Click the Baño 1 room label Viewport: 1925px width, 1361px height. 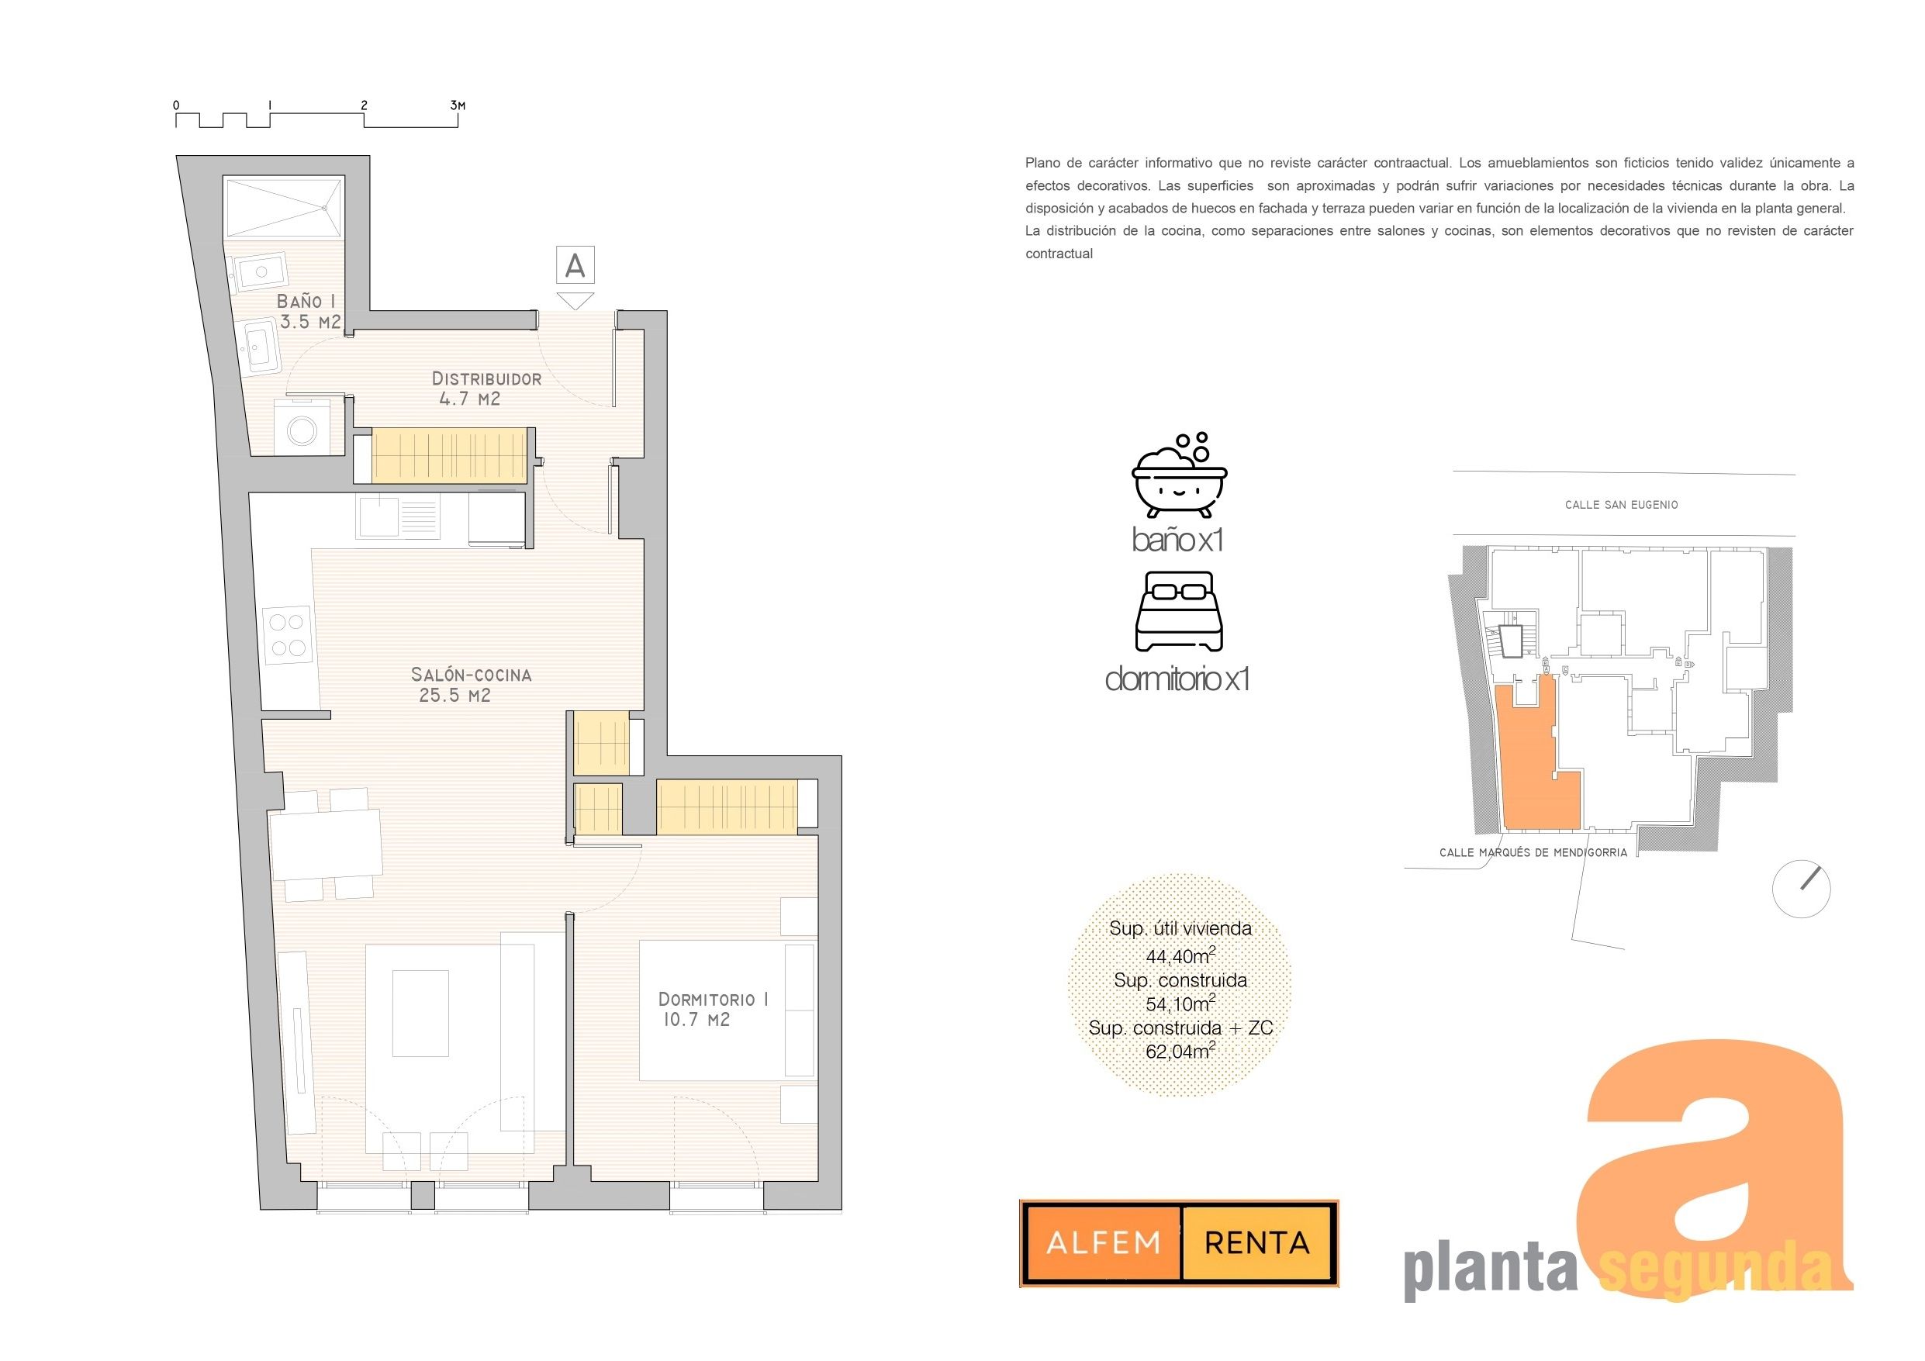[x=309, y=311]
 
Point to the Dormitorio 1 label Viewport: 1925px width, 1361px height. [x=714, y=1010]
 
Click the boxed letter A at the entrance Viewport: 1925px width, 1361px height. [x=575, y=265]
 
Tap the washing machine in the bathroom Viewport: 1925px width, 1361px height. [x=302, y=430]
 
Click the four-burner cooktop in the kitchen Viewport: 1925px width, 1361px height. [x=288, y=636]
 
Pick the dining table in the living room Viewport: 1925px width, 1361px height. [x=325, y=844]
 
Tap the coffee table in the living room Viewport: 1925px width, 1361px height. [x=420, y=1013]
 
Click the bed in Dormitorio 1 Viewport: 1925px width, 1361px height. [x=726, y=1010]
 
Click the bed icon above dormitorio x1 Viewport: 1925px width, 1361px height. [x=1179, y=612]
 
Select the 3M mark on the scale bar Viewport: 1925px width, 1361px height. [x=458, y=105]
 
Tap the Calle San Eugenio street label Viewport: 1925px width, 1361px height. [x=1621, y=505]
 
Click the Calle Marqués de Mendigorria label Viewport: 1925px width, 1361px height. [x=1533, y=853]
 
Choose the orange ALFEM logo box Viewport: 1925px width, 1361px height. [x=1104, y=1243]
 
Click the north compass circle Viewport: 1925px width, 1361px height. [x=1801, y=889]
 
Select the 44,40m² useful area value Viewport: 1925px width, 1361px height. [x=1180, y=955]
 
